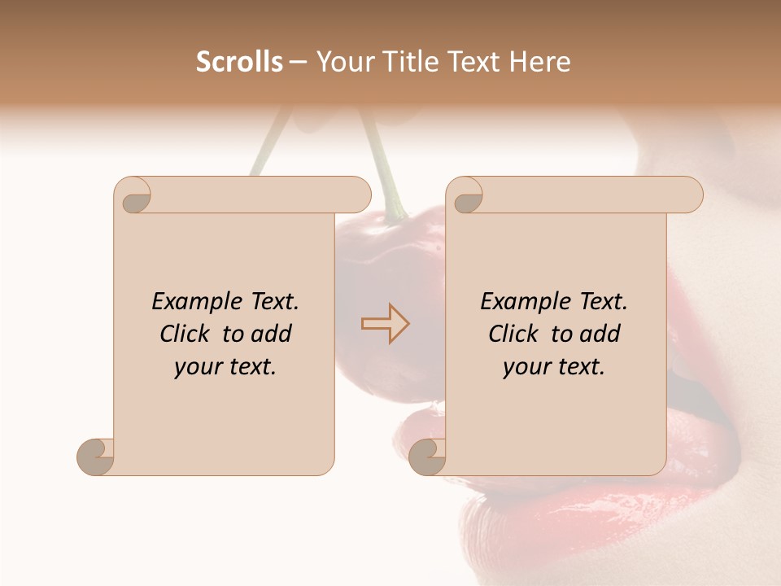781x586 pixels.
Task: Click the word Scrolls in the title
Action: click(x=239, y=62)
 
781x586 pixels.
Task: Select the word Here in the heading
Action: click(x=540, y=62)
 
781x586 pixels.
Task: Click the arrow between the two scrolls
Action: click(x=385, y=324)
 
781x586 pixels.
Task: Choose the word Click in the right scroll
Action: click(x=515, y=334)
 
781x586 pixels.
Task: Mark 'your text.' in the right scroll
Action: click(x=554, y=367)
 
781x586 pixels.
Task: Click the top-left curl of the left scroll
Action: click(x=135, y=196)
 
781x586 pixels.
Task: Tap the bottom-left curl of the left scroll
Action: click(x=94, y=457)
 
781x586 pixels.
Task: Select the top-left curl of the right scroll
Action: click(x=467, y=196)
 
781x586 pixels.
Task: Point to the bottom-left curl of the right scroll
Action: click(x=426, y=457)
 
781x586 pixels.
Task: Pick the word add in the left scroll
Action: click(x=272, y=334)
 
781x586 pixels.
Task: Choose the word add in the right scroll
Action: click(x=600, y=334)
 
